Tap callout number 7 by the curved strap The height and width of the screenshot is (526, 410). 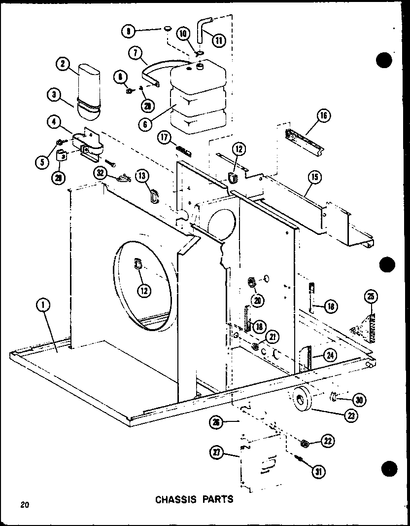pyautogui.click(x=135, y=52)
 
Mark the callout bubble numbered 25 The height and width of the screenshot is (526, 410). pyautogui.click(x=371, y=297)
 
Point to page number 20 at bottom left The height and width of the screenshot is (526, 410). pyautogui.click(x=24, y=504)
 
